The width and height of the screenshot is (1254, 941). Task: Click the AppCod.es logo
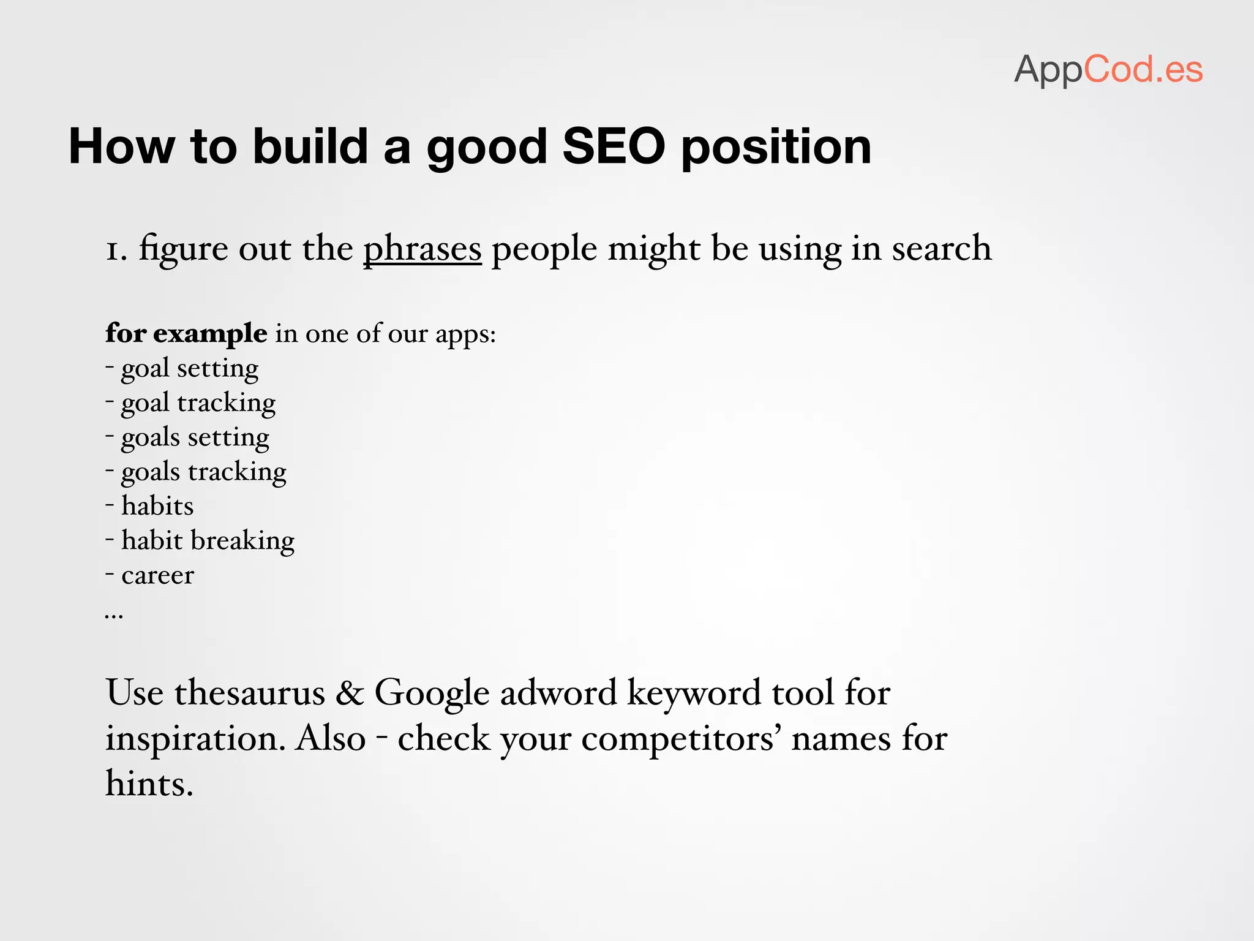(1108, 69)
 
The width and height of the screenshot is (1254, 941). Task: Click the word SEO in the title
(614, 147)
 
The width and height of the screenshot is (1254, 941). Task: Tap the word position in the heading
(776, 147)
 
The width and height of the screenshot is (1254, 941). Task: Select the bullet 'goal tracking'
(198, 403)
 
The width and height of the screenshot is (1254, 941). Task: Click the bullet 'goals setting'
(195, 437)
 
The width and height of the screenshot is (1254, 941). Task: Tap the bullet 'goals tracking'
(203, 472)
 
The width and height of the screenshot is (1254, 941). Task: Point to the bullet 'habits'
(157, 506)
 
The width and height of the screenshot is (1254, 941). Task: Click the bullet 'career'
(157, 575)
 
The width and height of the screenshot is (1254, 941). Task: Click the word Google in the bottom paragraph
(432, 693)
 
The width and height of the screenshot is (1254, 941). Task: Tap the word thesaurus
(249, 693)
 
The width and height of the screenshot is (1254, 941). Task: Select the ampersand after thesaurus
(350, 693)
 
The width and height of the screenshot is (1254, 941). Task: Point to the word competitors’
(680, 739)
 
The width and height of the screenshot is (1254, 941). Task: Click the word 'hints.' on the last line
(149, 784)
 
